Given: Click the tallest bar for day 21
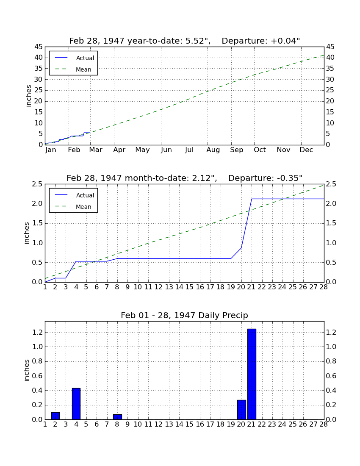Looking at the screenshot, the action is [x=252, y=374].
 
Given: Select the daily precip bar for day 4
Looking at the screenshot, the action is [x=76, y=404].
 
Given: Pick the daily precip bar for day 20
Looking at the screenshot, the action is [x=241, y=410].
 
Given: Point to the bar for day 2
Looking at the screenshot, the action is [x=55, y=416].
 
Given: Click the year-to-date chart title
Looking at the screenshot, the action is [x=185, y=41].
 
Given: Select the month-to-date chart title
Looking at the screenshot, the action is [x=185, y=178].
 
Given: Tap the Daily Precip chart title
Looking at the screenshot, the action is [x=185, y=315].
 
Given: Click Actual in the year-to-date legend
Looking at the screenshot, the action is [x=85, y=58].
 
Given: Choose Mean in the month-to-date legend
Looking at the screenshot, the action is [x=83, y=207].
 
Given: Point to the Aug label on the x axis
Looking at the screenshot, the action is [x=213, y=150].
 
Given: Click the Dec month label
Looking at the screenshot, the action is [x=306, y=150].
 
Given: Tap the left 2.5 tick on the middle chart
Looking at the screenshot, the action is [x=37, y=184].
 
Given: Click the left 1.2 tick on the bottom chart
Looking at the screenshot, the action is [x=37, y=332].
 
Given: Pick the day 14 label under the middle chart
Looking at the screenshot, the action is [x=179, y=287].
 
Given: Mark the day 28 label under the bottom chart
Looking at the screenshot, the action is [x=324, y=424].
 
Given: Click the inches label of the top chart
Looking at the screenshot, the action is [x=28, y=96].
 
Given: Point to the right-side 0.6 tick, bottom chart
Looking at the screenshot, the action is [x=331, y=376].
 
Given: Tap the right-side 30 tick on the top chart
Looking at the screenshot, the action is [x=330, y=80].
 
